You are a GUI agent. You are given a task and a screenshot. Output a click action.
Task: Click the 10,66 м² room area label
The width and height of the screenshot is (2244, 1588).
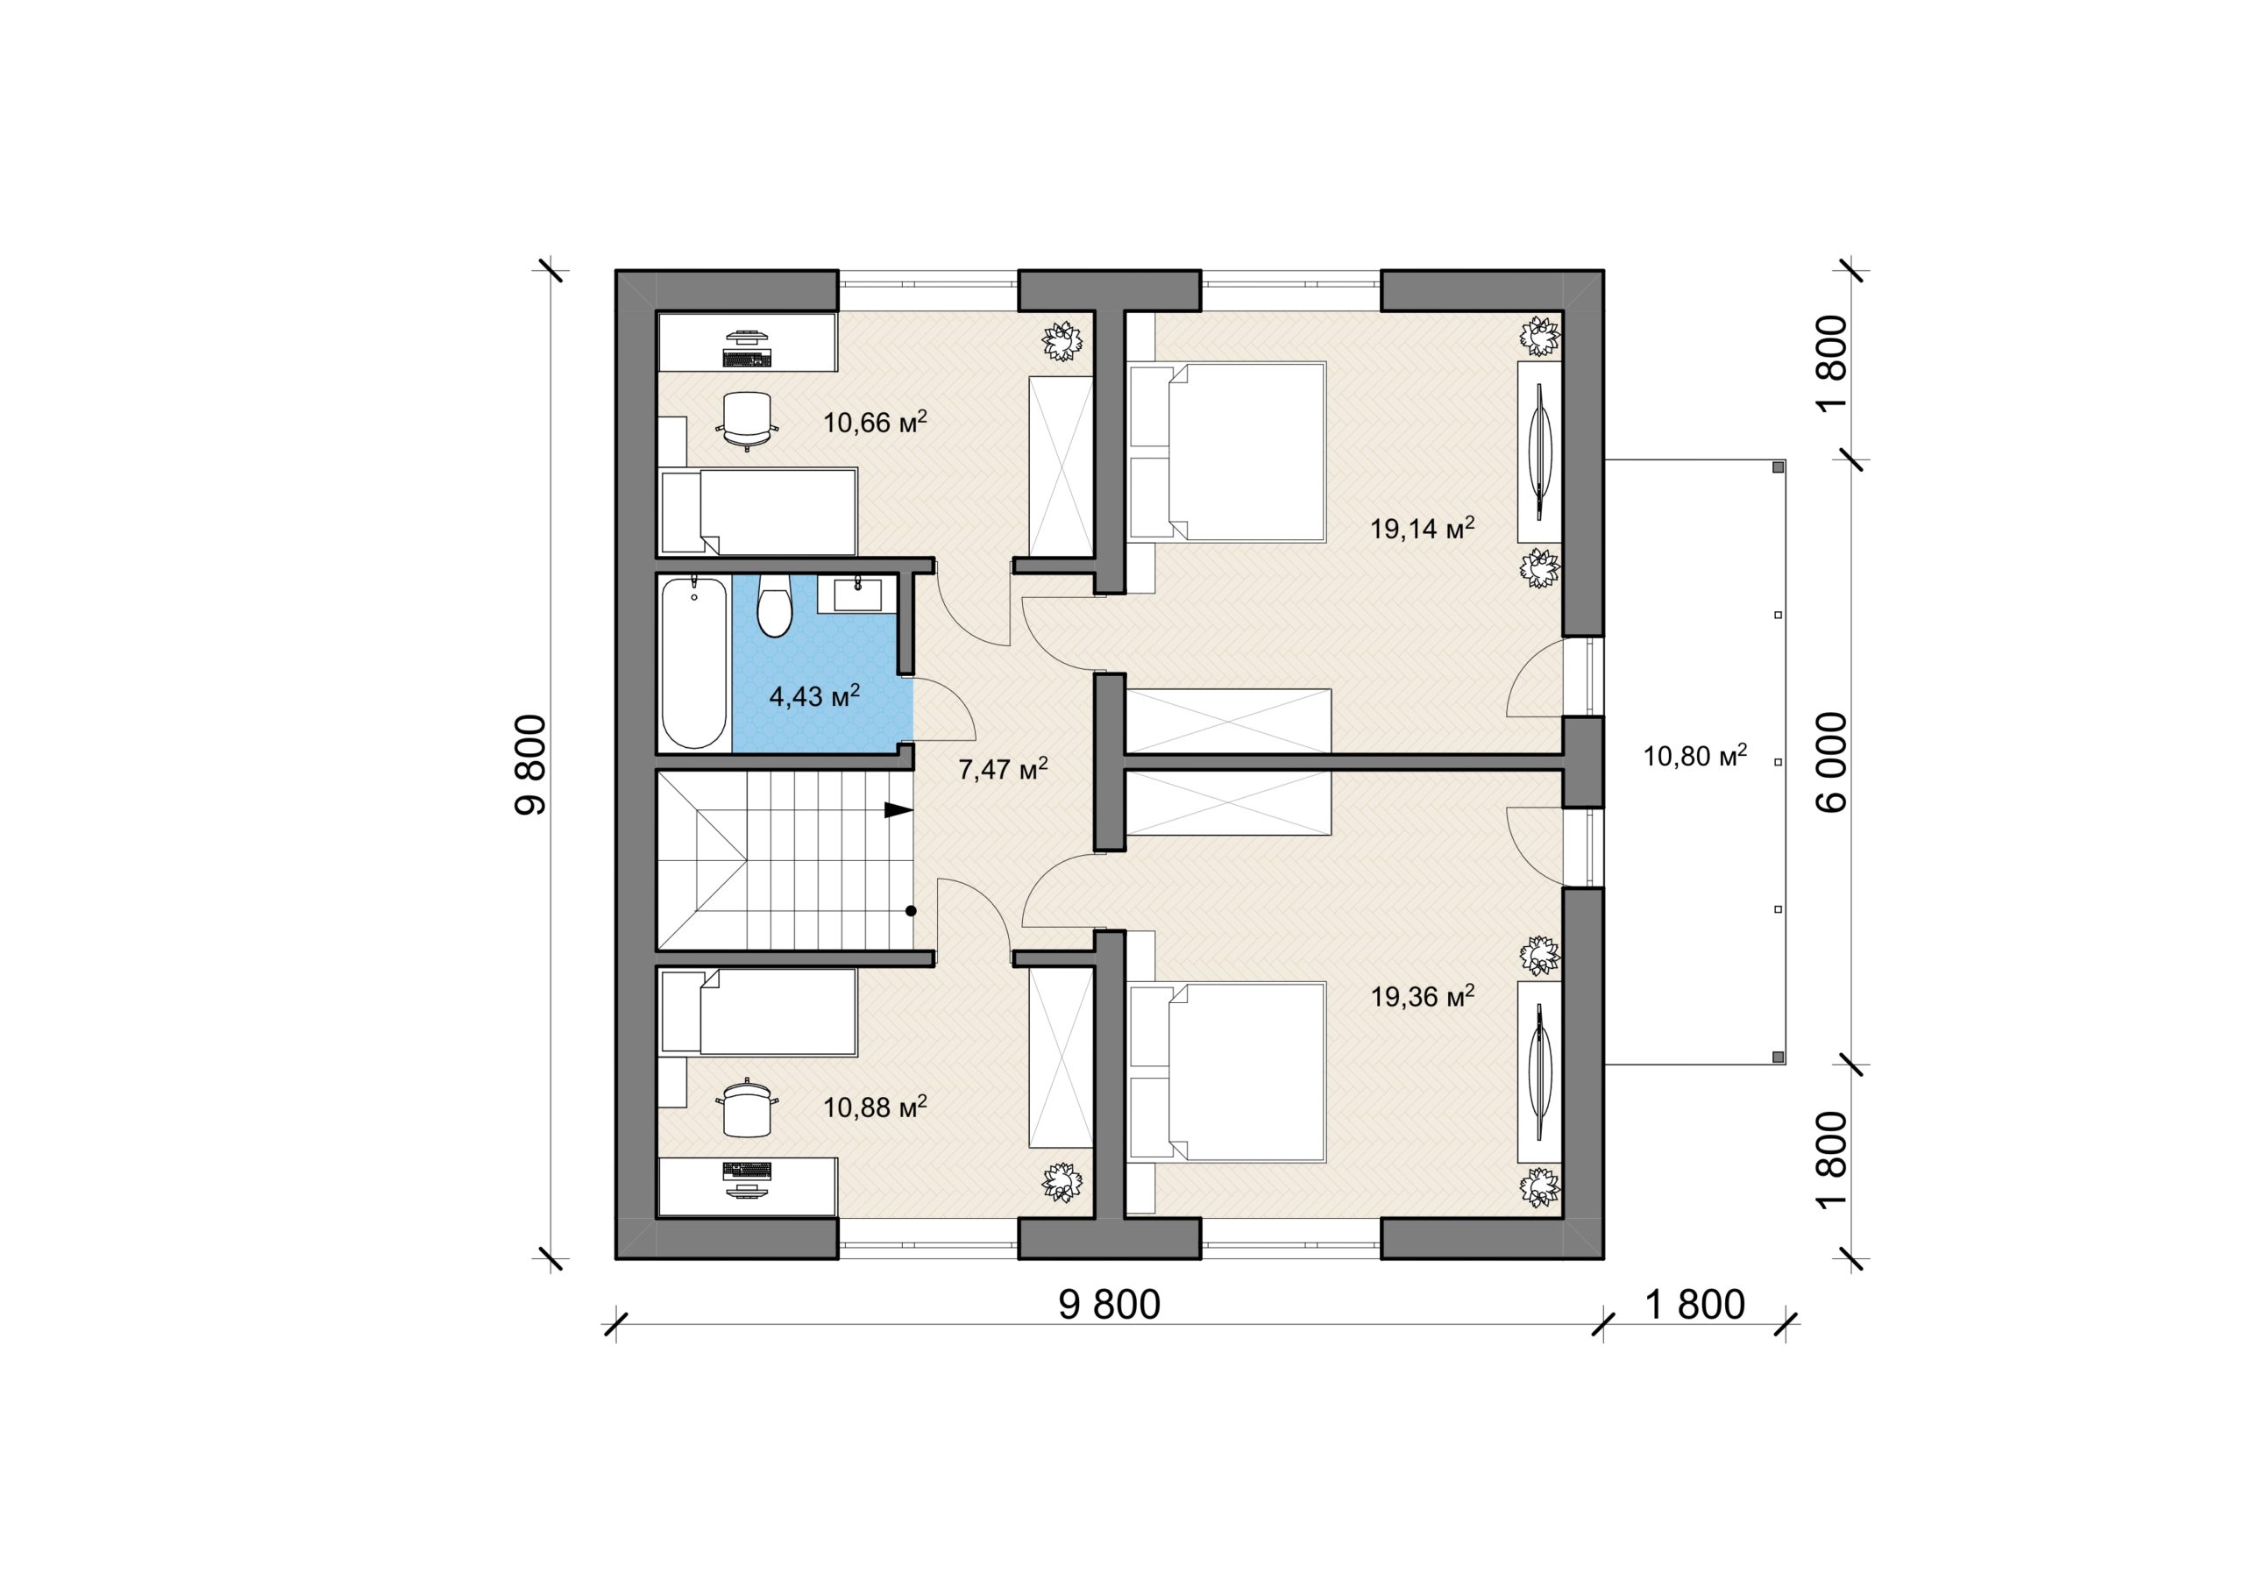pyautogui.click(x=875, y=422)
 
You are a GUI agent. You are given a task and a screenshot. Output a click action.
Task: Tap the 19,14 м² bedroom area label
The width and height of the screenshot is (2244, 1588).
pyautogui.click(x=1422, y=528)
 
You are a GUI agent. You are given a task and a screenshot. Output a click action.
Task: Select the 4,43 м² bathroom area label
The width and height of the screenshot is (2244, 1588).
pyautogui.click(x=815, y=695)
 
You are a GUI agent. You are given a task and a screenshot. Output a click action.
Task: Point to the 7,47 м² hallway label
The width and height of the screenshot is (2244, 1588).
pyautogui.click(x=1004, y=769)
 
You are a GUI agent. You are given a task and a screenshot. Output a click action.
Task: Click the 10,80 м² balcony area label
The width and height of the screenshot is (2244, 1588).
pyautogui.click(x=1695, y=755)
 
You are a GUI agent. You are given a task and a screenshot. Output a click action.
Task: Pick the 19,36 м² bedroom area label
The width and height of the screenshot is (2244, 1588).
pyautogui.click(x=1422, y=996)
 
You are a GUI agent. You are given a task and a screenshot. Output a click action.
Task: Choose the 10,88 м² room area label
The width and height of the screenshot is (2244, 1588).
pyautogui.click(x=875, y=1107)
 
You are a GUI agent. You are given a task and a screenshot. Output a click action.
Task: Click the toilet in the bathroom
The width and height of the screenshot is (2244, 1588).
pyautogui.click(x=774, y=605)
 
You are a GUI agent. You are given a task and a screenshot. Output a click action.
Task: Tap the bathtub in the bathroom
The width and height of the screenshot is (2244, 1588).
pyautogui.click(x=695, y=662)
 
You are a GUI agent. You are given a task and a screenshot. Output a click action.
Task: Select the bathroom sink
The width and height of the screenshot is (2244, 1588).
pyautogui.click(x=857, y=595)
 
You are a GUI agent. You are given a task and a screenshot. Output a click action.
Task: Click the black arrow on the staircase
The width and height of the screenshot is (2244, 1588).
pyautogui.click(x=898, y=809)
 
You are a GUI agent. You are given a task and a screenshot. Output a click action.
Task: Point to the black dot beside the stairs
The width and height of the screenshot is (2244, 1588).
pyautogui.click(x=911, y=911)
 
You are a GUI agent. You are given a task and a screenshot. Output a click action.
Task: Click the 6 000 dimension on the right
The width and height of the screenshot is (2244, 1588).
pyautogui.click(x=1835, y=762)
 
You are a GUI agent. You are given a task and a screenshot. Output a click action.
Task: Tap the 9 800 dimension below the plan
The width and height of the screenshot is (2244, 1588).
pyautogui.click(x=1110, y=1306)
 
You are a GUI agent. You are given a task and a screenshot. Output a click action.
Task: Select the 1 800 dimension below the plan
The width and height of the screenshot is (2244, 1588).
pyautogui.click(x=1694, y=1306)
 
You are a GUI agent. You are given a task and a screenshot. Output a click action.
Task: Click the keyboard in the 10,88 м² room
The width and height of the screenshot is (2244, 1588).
pyautogui.click(x=748, y=1169)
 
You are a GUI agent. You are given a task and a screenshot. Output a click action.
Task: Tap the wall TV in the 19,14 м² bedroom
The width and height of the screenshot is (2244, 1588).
pyautogui.click(x=1540, y=452)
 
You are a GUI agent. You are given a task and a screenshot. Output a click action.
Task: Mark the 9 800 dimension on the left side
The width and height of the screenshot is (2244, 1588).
pyautogui.click(x=529, y=764)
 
